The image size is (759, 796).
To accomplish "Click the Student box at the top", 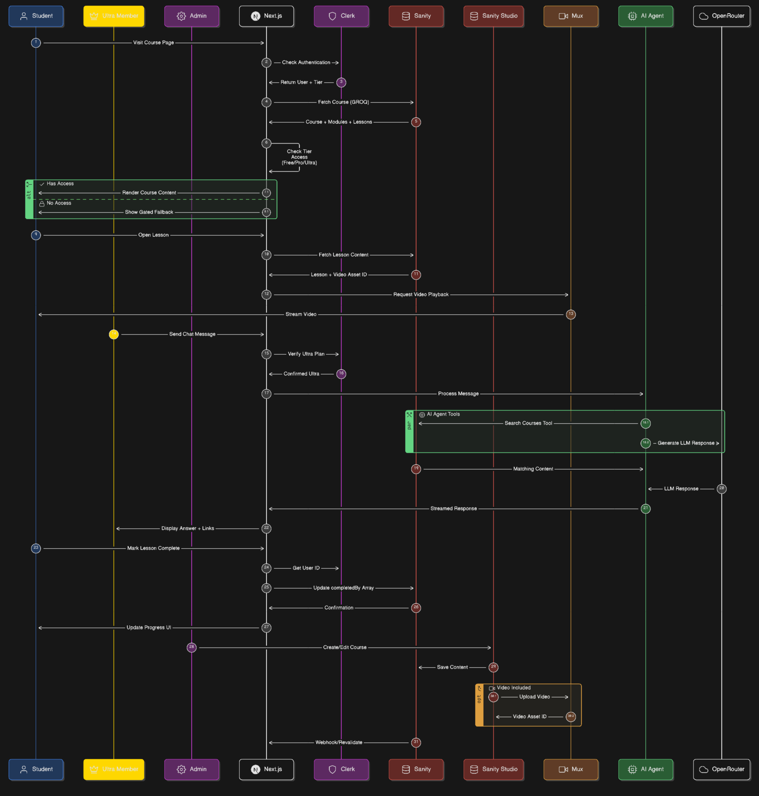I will [36, 16].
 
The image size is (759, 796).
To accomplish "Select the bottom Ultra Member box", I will [114, 769].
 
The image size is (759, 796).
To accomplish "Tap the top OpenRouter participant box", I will [721, 16].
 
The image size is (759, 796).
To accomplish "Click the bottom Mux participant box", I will [570, 769].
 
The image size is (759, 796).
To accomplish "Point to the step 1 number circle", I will [36, 43].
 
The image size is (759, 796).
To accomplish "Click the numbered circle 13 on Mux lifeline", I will [570, 314].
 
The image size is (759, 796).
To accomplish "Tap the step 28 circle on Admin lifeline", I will [192, 647].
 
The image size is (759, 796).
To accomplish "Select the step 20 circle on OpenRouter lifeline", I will [721, 488].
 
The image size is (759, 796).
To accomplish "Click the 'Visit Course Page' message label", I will [153, 43].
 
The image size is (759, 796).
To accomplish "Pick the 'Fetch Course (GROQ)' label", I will [343, 102].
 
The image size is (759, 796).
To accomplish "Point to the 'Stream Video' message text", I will [301, 314].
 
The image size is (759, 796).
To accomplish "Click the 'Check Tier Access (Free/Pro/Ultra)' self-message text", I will [299, 157].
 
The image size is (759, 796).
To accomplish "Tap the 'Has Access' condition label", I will [60, 184].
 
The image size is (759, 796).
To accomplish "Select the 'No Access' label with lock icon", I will [59, 203].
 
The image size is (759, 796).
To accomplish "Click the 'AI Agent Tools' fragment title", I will [443, 414].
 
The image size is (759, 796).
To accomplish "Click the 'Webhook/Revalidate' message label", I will [339, 742].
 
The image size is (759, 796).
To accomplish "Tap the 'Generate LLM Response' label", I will [686, 443].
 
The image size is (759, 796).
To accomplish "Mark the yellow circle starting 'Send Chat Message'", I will [114, 334].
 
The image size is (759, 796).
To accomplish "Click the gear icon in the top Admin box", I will [181, 16].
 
